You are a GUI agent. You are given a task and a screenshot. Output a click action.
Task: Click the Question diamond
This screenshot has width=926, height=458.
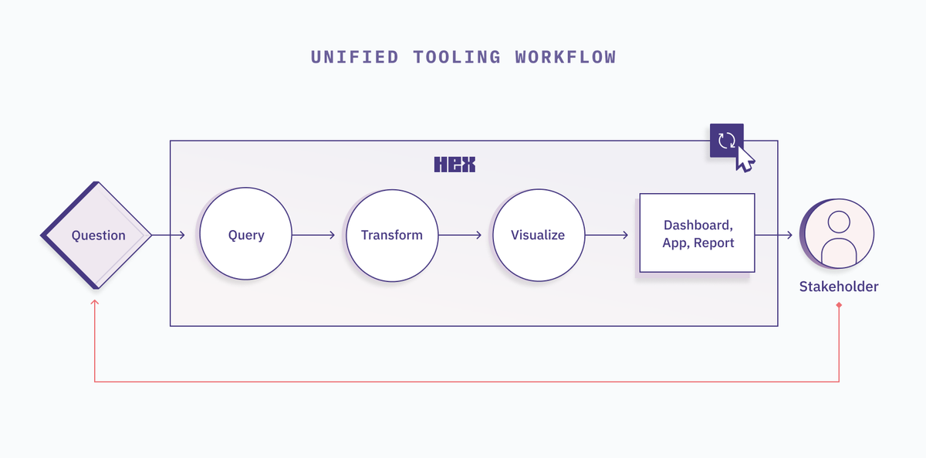click(x=96, y=235)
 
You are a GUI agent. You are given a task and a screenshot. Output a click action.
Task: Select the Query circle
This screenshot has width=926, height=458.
click(x=245, y=234)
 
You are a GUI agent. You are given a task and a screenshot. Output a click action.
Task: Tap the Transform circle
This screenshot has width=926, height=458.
click(x=392, y=236)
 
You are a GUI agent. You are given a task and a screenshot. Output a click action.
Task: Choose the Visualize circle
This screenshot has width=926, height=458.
click(x=539, y=235)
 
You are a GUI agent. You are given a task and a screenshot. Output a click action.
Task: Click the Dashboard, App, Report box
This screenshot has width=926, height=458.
click(x=698, y=233)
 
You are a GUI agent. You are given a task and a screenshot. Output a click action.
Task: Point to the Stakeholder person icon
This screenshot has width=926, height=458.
click(x=837, y=234)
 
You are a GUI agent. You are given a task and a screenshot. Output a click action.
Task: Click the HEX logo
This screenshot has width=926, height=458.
click(x=455, y=165)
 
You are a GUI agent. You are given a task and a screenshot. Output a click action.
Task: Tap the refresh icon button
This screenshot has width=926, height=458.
click(x=727, y=141)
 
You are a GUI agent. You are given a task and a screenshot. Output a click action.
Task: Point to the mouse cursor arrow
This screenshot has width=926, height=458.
click(x=745, y=159)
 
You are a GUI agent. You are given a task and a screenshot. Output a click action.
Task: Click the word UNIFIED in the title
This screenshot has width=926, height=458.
click(x=355, y=57)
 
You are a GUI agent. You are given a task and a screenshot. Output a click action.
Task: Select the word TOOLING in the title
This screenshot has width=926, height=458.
click(x=457, y=57)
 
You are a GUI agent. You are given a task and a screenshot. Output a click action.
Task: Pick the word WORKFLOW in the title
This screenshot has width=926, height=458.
click(x=566, y=57)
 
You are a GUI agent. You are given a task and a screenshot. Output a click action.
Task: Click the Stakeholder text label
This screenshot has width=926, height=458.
click(x=839, y=287)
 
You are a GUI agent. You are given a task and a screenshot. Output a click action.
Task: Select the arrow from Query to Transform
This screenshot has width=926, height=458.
click(x=313, y=235)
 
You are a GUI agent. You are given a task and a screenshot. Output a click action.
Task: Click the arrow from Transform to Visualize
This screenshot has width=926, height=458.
click(x=460, y=235)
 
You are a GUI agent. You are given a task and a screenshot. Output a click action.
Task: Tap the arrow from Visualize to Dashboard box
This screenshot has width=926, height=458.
click(x=607, y=235)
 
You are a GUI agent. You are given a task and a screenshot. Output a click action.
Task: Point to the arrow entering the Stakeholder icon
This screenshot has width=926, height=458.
click(x=774, y=235)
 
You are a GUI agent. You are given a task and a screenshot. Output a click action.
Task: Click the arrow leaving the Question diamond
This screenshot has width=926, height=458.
click(x=168, y=235)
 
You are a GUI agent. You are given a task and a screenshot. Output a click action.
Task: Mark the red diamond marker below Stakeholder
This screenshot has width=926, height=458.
click(x=839, y=305)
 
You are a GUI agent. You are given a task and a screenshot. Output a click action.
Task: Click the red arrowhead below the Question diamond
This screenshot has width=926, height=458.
click(x=95, y=302)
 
